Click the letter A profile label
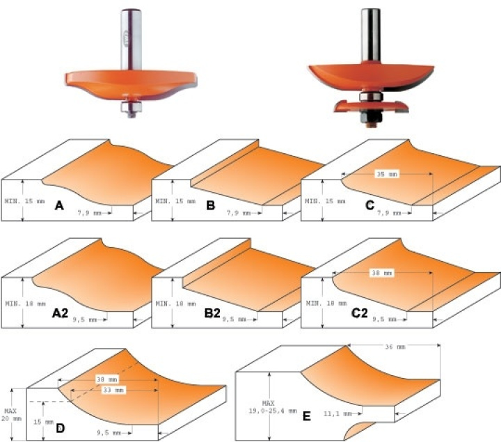pyautogui.click(x=59, y=205)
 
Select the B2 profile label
pyautogui.click(x=212, y=313)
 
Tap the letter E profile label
pyautogui.click(x=307, y=416)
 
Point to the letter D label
pyautogui.click(x=61, y=428)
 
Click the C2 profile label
pyautogui.click(x=360, y=313)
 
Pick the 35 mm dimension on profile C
pyautogui.click(x=387, y=174)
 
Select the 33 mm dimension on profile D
pyautogui.click(x=113, y=390)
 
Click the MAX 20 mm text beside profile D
pyautogui.click(x=11, y=415)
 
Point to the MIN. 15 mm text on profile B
pyautogui.click(x=175, y=201)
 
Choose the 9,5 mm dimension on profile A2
pyautogui.click(x=85, y=319)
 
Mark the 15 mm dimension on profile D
pyautogui.click(x=43, y=422)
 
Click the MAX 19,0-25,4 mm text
pyautogui.click(x=273, y=407)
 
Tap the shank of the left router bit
pyautogui.click(x=131, y=39)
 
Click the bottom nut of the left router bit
pyautogui.click(x=132, y=107)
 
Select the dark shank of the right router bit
pyautogui.click(x=371, y=35)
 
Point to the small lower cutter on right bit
pyautogui.click(x=372, y=106)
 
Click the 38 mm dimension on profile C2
pyautogui.click(x=381, y=273)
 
